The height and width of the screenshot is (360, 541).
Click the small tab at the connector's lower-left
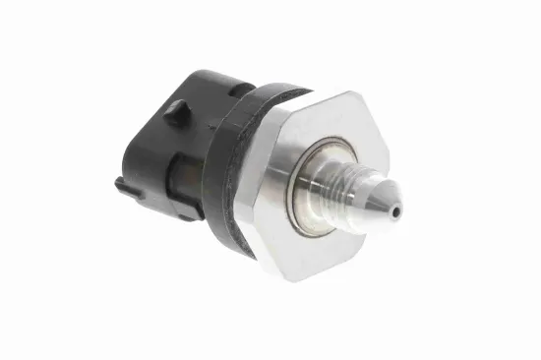(x=121, y=183)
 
